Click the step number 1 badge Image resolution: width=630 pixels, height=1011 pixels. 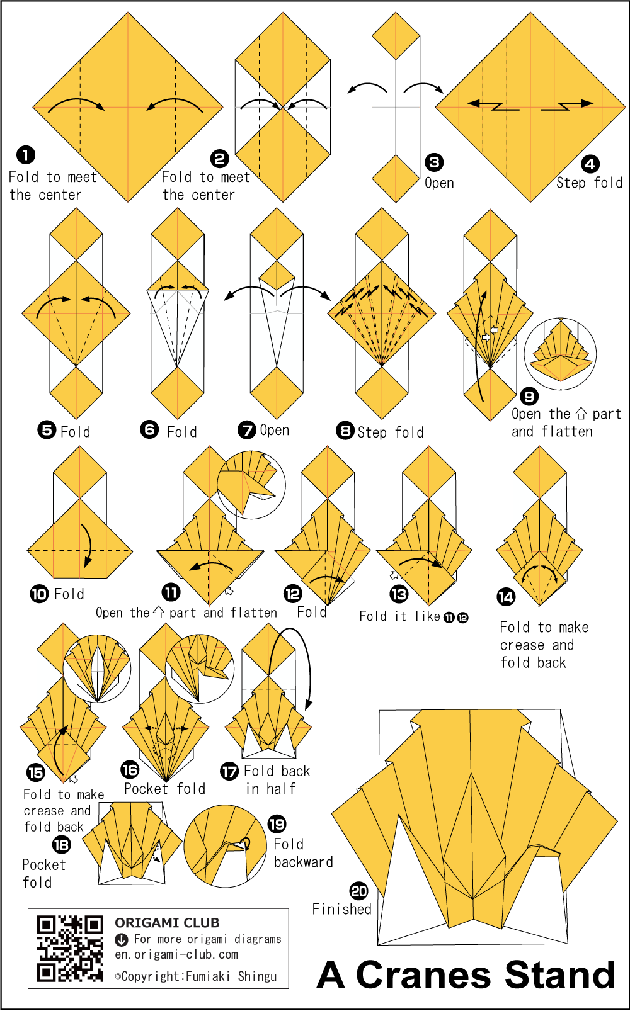[x=26, y=155]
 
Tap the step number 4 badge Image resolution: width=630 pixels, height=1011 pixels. [x=590, y=164]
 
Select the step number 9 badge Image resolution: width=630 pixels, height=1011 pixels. [x=529, y=396]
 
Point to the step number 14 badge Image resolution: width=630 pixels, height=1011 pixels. [x=506, y=597]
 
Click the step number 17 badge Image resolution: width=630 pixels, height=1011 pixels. [x=229, y=771]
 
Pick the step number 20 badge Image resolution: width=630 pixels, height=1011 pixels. [x=359, y=891]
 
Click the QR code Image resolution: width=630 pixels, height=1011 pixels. [x=70, y=948]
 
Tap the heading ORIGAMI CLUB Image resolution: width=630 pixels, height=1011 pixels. [x=167, y=922]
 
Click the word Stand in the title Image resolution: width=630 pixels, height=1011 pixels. [x=559, y=975]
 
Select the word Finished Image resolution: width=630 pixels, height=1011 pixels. [x=342, y=909]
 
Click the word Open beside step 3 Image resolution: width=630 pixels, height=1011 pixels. [x=439, y=183]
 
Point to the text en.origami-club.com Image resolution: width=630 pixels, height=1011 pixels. [x=176, y=954]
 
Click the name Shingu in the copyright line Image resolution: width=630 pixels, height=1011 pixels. [x=258, y=976]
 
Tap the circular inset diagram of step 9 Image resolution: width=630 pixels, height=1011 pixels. [x=560, y=353]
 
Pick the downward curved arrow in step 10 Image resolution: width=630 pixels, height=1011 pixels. [x=89, y=545]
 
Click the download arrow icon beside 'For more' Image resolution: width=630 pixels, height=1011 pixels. [x=122, y=940]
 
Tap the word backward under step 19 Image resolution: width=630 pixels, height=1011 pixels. [x=304, y=862]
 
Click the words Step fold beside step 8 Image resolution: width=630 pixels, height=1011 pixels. [x=391, y=432]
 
